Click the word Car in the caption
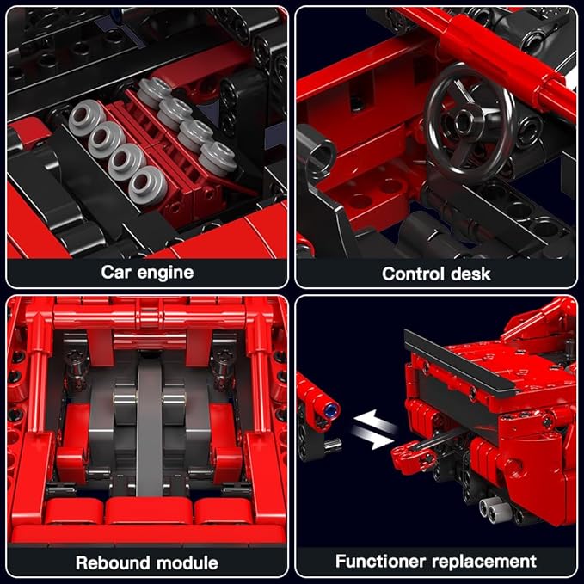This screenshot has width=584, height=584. (117, 273)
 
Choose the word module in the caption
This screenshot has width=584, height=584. (187, 563)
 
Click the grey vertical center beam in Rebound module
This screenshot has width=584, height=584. (149, 413)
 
